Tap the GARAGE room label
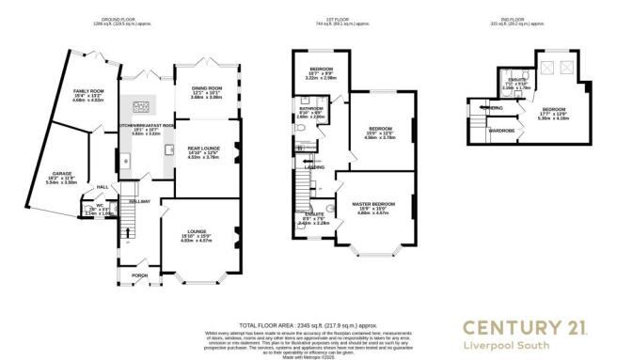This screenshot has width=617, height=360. [64, 175]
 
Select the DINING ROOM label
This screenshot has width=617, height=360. [200, 90]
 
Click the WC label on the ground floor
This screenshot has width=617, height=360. [99, 205]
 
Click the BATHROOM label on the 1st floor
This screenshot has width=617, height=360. [311, 109]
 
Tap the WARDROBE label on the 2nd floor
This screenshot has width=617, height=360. [501, 130]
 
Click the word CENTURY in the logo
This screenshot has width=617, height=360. [497, 327]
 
